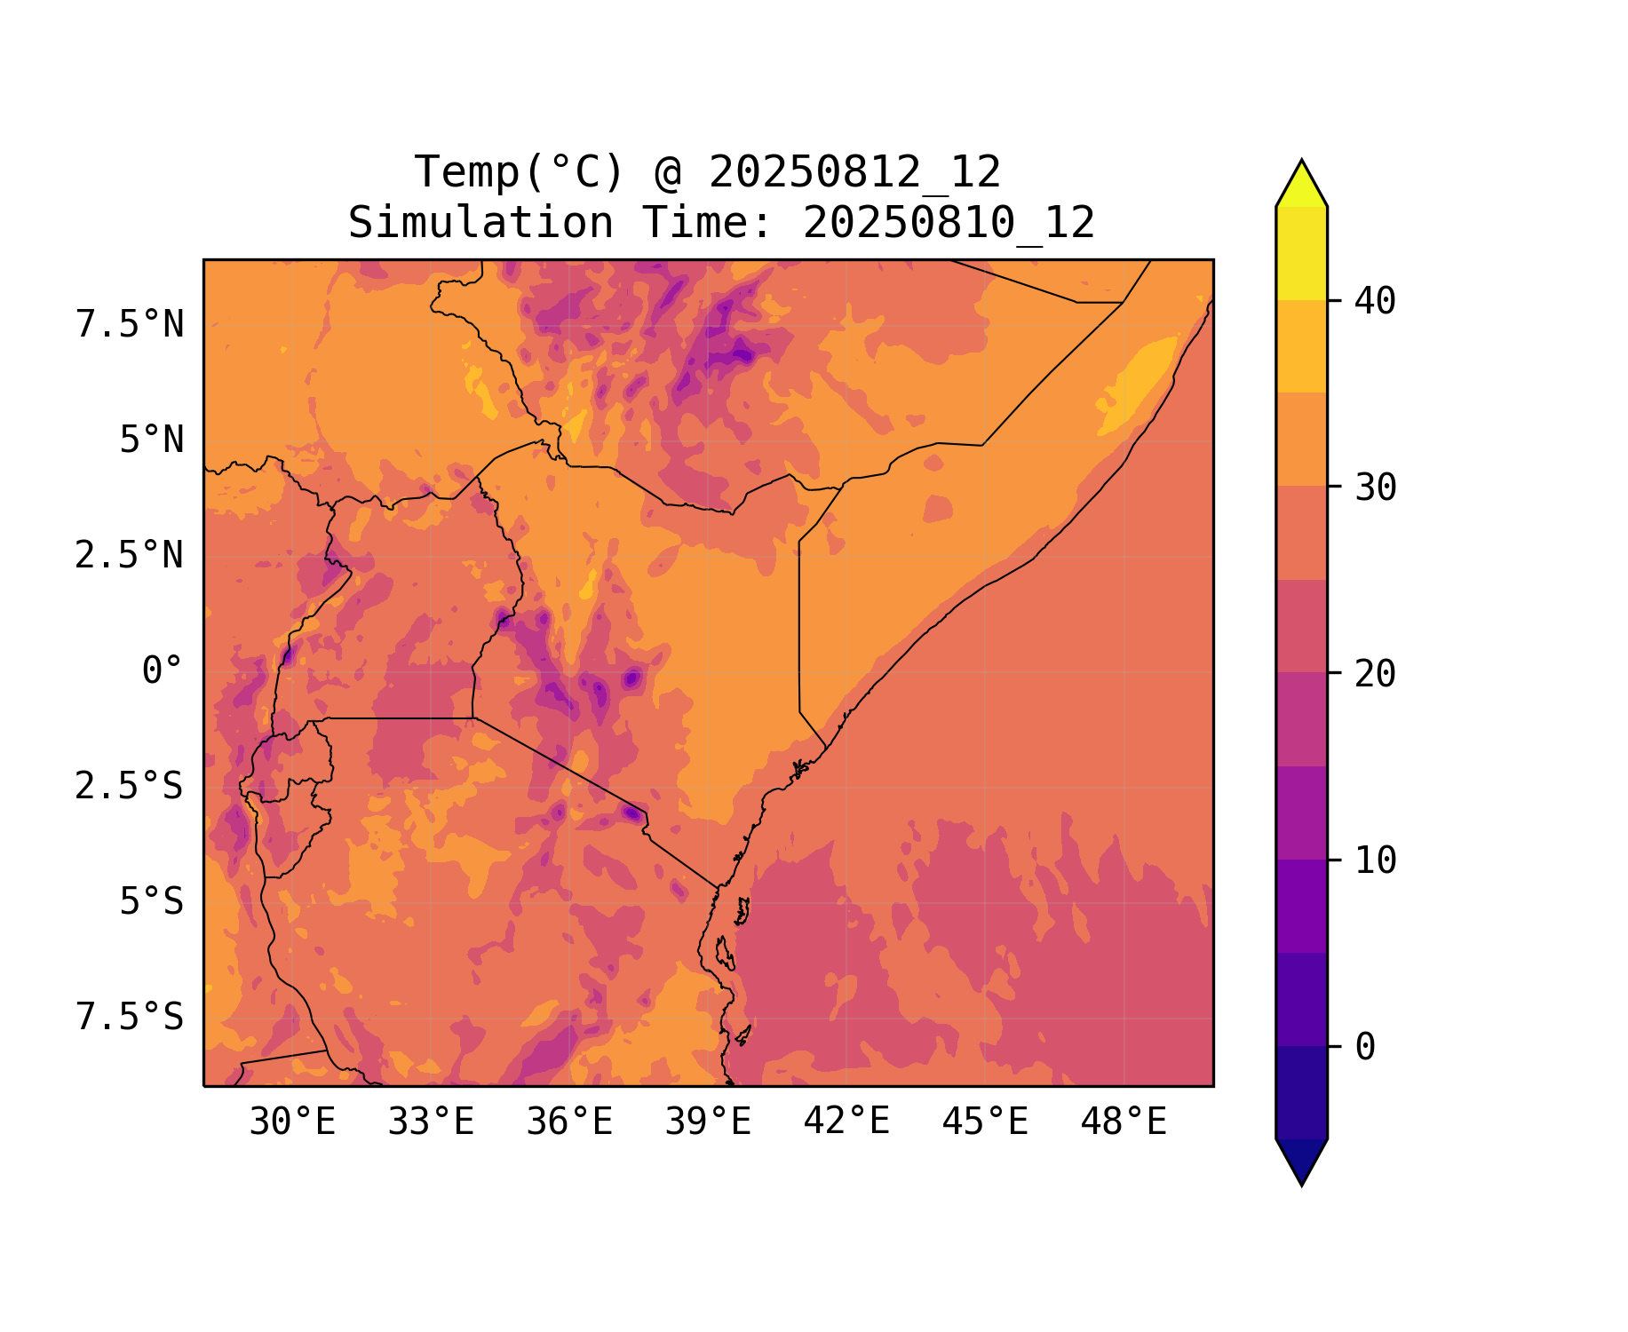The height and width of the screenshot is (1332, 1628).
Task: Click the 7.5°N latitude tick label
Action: pos(130,325)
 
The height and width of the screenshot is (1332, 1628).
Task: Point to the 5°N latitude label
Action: pos(151,440)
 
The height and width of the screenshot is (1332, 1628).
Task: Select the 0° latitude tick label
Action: pos(162,671)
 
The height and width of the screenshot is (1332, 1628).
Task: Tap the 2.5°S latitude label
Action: pos(130,787)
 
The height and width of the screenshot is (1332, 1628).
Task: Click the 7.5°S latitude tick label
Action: pos(130,1017)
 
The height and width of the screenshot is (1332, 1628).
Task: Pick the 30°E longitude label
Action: pos(292,1122)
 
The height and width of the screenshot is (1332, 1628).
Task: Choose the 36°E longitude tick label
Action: pos(569,1122)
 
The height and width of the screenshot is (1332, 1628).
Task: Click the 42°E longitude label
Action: pos(846,1122)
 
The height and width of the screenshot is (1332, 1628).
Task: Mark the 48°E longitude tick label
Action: pos(1124,1122)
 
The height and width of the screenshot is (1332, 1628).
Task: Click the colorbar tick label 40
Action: pos(1376,302)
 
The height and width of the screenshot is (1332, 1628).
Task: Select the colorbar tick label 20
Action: pos(1376,674)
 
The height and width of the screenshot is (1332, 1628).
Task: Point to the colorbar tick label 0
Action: pos(1366,1048)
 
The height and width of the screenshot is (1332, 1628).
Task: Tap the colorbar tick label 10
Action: pos(1376,860)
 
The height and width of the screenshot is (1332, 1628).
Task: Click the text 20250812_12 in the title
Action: pos(854,172)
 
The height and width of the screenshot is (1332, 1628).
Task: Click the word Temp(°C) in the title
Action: pos(520,172)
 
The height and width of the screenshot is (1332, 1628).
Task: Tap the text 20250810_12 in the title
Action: pos(949,223)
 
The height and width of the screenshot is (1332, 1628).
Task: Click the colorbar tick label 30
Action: pos(1376,488)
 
